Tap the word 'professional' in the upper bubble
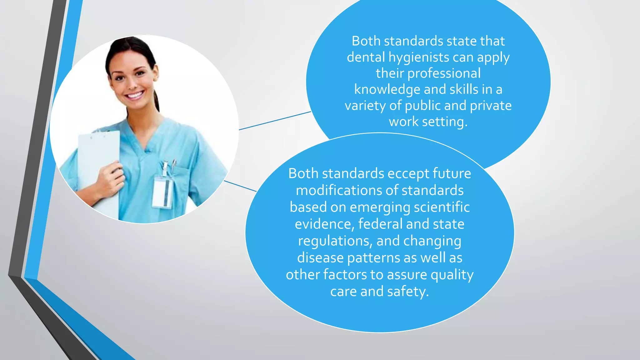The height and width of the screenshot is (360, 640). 444,73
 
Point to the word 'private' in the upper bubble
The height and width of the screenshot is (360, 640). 491,106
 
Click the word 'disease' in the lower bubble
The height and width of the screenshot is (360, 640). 320,258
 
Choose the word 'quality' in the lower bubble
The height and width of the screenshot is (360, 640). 452,275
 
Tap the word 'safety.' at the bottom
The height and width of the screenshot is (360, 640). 408,292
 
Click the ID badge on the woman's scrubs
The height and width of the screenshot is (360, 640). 163,191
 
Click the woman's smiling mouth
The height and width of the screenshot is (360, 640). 135,95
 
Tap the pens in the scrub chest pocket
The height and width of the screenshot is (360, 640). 169,167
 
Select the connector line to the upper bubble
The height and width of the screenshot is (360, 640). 275,121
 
